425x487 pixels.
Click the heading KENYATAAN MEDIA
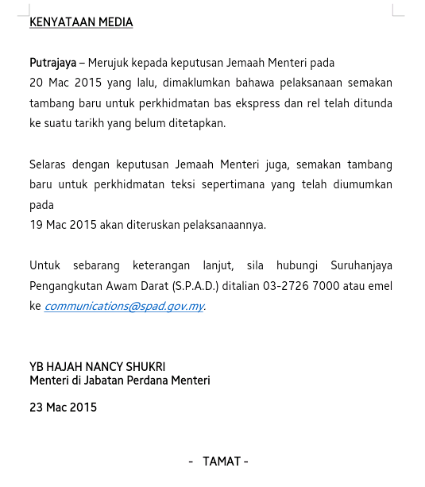81,22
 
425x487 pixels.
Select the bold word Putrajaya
52,63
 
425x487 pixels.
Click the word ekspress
247,103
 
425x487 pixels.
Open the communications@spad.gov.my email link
124,306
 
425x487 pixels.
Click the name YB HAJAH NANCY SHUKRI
98,367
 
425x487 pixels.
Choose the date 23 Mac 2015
63,408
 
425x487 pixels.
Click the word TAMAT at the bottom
222,462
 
